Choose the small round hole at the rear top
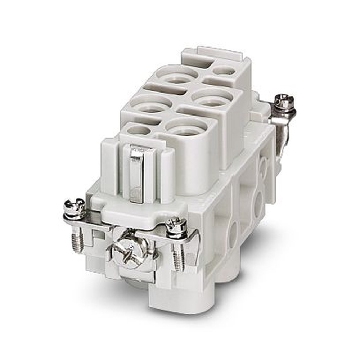[x=224, y=71]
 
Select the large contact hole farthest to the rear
[x=177, y=77]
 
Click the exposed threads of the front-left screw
[x=77, y=241]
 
